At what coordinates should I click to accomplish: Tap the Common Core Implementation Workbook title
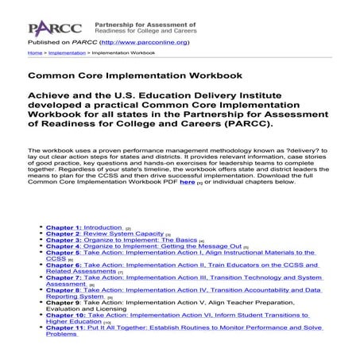coord(134,76)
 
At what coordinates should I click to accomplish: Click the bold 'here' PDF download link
coord(187,182)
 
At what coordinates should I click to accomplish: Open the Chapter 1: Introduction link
coord(83,227)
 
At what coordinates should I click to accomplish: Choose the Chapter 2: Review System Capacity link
coord(104,235)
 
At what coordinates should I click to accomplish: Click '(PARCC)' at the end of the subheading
coord(250,125)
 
